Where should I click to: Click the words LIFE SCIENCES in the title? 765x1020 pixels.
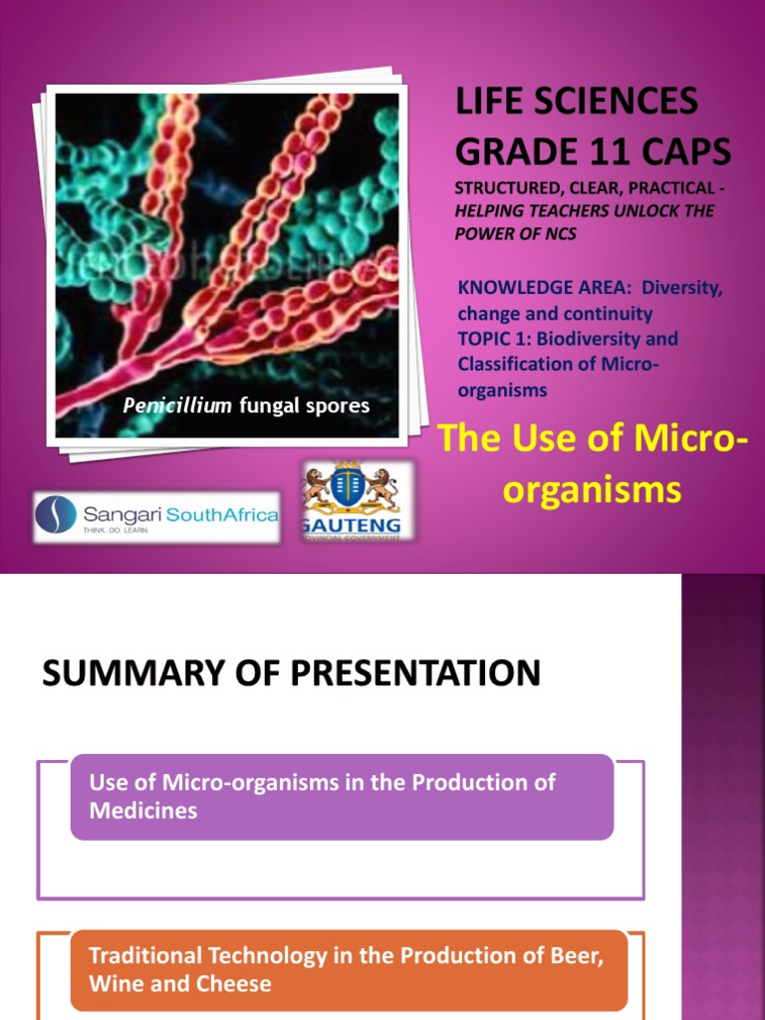point(577,101)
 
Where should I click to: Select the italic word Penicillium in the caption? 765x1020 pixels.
point(165,405)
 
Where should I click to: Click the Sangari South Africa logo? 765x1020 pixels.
point(157,516)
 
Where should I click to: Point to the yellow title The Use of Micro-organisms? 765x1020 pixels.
point(592,463)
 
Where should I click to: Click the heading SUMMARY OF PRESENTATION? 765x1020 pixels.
point(291,673)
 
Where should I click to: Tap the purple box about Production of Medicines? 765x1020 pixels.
point(342,796)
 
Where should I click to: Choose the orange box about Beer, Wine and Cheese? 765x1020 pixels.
point(349,969)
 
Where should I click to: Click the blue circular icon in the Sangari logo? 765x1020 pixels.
point(56,515)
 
